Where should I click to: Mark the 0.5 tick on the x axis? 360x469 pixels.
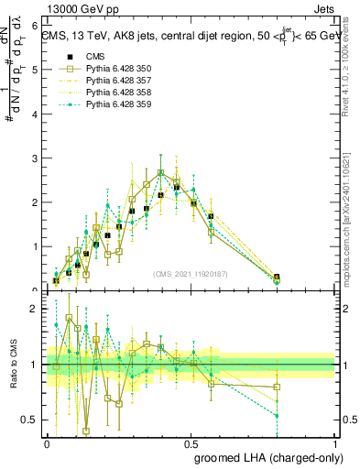[x=191, y=442]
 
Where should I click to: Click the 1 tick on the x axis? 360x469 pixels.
[x=336, y=442]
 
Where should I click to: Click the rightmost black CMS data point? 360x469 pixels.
[x=277, y=277]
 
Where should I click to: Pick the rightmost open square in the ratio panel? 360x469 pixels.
[x=277, y=387]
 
